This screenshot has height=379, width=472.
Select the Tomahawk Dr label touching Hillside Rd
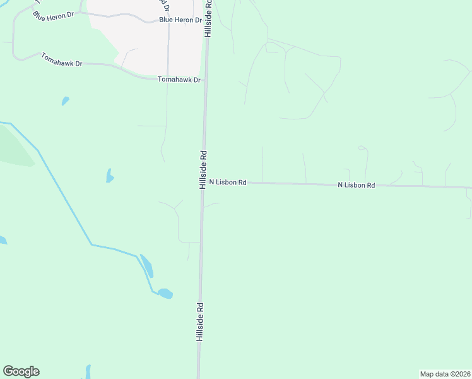tap(179, 80)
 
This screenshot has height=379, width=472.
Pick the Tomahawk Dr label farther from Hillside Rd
tap(62, 60)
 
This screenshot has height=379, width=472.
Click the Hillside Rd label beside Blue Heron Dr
tap(208, 18)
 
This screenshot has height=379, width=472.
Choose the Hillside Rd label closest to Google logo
tap(199, 322)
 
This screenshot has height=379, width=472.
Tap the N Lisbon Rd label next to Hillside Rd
tap(227, 182)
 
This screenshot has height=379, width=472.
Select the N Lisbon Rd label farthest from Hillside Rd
tap(357, 185)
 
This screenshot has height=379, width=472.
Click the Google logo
tap(21, 371)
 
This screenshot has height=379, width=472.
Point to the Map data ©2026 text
tap(445, 374)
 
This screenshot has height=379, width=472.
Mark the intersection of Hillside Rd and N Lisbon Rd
tap(203, 182)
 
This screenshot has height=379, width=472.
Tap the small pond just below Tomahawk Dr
tap(65, 100)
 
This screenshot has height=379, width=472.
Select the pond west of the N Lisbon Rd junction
tap(110, 176)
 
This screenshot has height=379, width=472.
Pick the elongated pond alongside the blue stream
tap(146, 265)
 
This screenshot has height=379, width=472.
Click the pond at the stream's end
tap(165, 293)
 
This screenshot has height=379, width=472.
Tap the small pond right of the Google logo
tap(87, 371)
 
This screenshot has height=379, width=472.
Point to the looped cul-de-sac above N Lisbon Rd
tap(362, 148)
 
